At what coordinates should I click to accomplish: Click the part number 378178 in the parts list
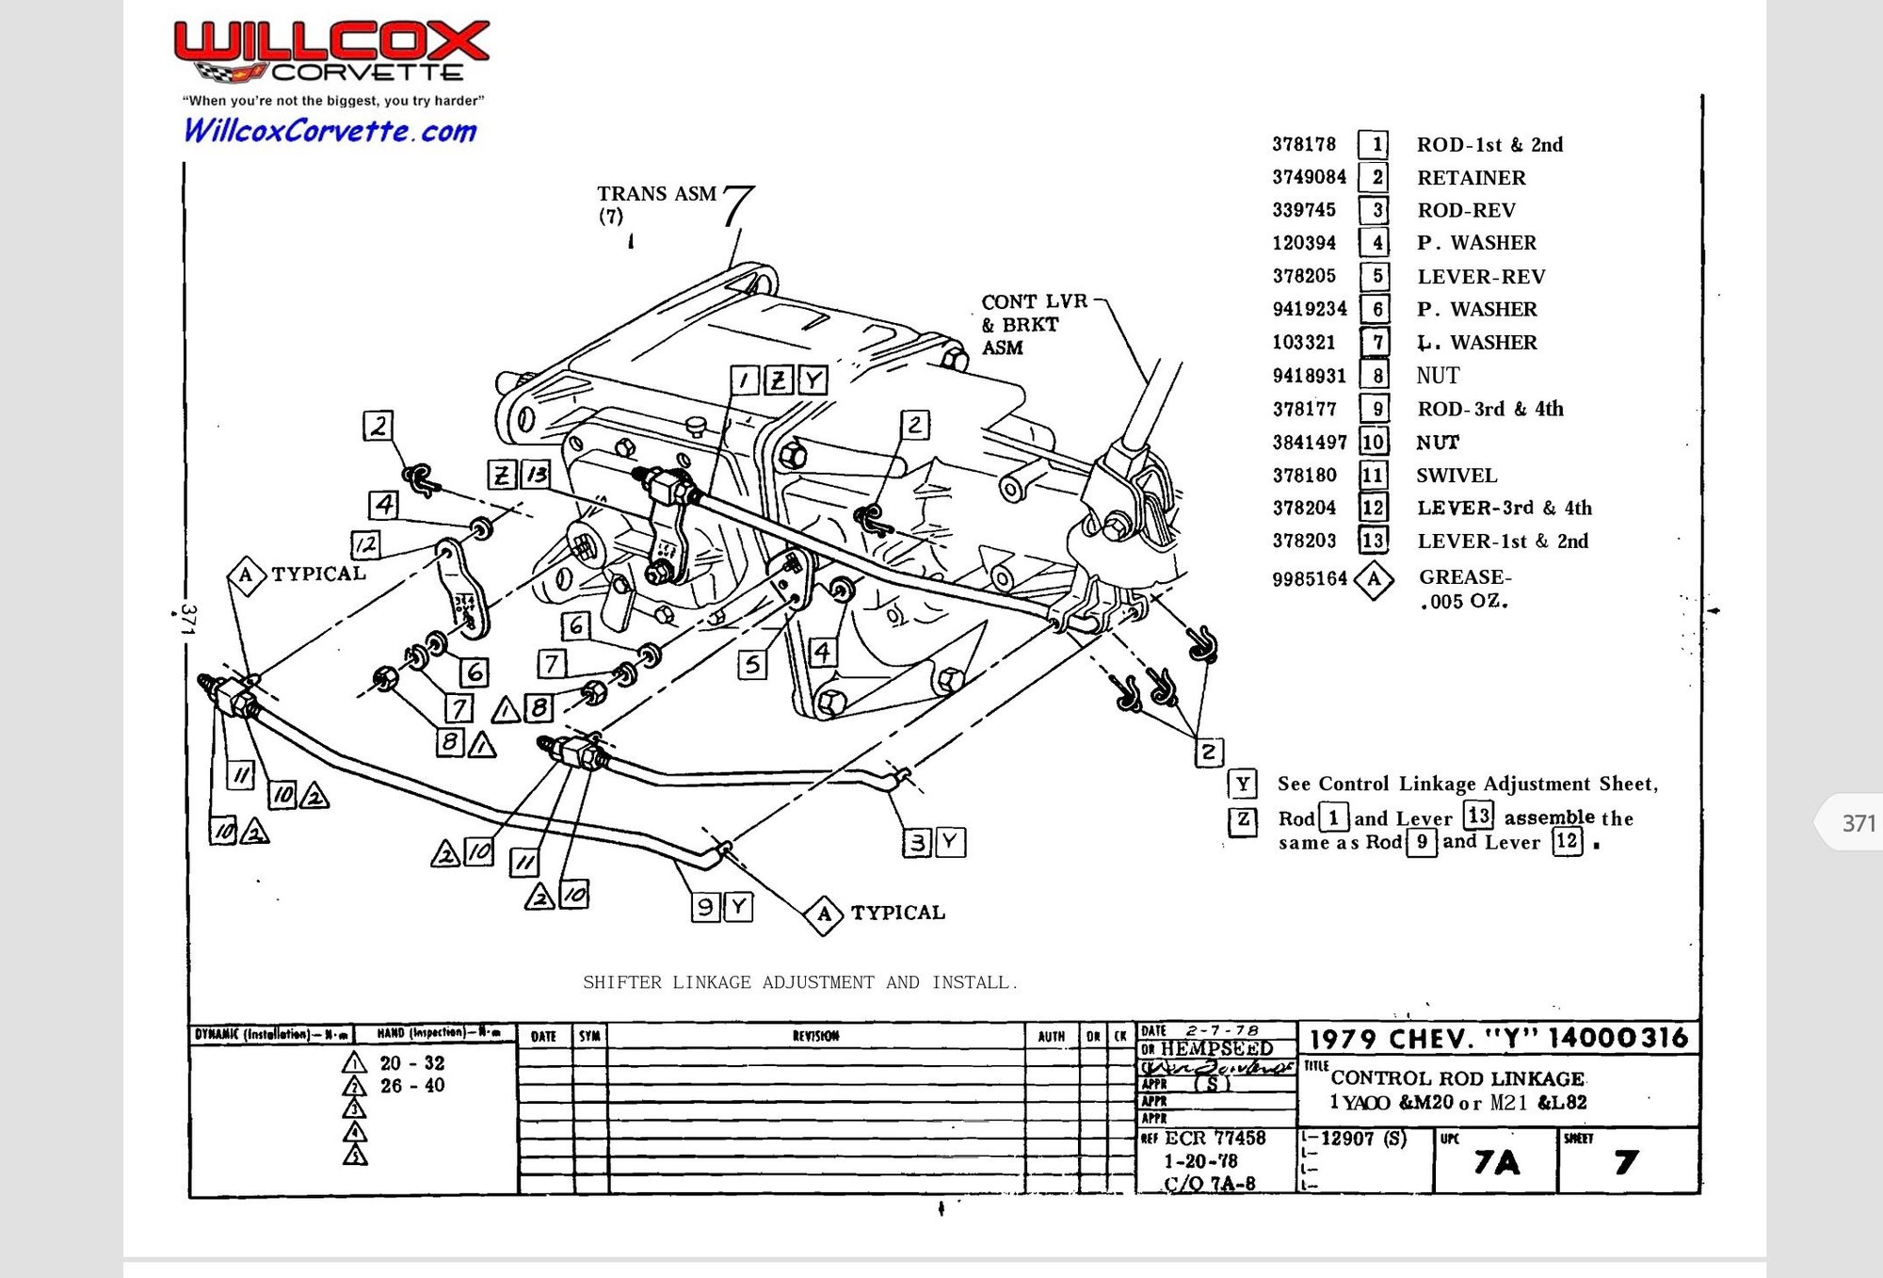[x=1304, y=144]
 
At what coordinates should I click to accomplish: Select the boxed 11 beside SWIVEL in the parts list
[x=1373, y=475]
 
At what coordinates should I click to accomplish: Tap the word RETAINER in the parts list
[x=1471, y=177]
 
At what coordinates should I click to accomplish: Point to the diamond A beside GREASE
[x=1374, y=578]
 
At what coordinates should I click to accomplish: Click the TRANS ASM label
[x=656, y=194]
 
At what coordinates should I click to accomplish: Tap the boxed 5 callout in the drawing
[x=751, y=664]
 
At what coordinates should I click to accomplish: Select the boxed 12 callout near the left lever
[x=365, y=543]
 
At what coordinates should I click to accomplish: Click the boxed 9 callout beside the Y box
[x=705, y=907]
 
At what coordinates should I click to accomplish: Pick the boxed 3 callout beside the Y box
[x=918, y=842]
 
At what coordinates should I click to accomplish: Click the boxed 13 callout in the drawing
[x=537, y=474]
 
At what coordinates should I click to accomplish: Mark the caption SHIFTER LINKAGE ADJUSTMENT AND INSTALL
[x=799, y=982]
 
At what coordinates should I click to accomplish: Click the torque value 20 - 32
[x=411, y=1062]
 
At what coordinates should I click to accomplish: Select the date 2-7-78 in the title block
[x=1221, y=1030]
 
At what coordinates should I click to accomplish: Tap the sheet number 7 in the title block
[x=1626, y=1162]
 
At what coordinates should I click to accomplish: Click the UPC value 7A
[x=1496, y=1162]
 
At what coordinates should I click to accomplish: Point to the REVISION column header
[x=815, y=1036]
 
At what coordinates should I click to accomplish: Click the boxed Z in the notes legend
[x=1243, y=819]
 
